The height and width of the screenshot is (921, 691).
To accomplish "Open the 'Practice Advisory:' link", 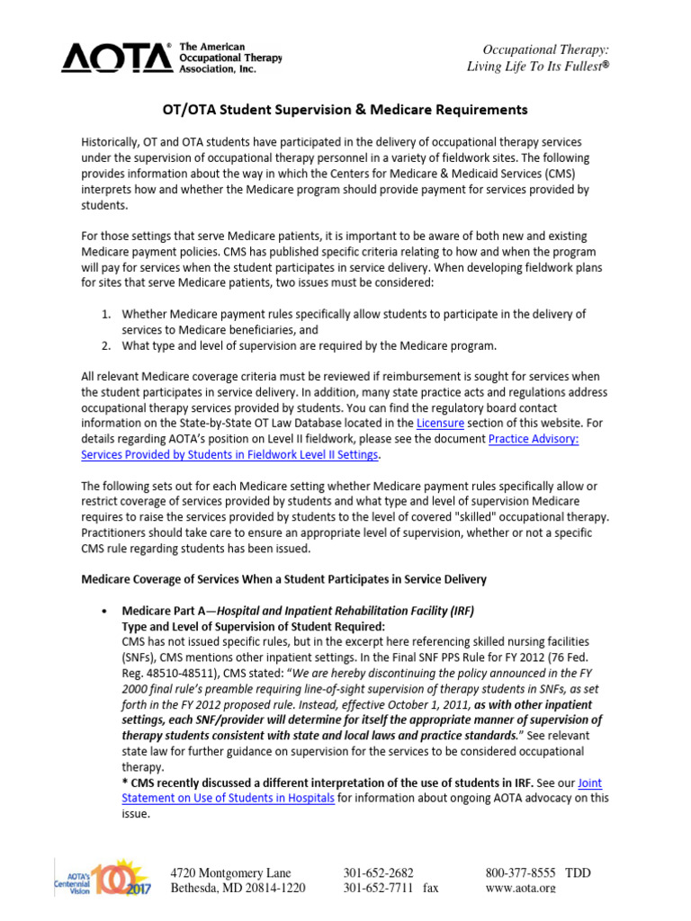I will (x=533, y=438).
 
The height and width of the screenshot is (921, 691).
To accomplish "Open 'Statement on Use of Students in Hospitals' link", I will (x=228, y=798).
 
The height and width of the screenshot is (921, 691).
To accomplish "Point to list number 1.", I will (x=104, y=314).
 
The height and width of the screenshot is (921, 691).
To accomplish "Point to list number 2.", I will (x=104, y=345).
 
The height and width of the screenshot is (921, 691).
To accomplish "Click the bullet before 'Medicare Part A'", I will (x=107, y=611).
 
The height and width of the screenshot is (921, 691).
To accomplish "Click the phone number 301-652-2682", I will (x=378, y=872).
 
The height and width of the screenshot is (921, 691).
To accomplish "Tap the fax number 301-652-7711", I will (x=378, y=888).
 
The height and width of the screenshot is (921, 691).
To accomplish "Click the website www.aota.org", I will (x=520, y=888).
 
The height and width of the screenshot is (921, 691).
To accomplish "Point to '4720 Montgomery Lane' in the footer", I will (x=231, y=872).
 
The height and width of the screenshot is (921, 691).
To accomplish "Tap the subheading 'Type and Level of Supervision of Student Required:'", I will (x=253, y=626).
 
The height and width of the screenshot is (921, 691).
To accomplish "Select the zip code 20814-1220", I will (x=269, y=888).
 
